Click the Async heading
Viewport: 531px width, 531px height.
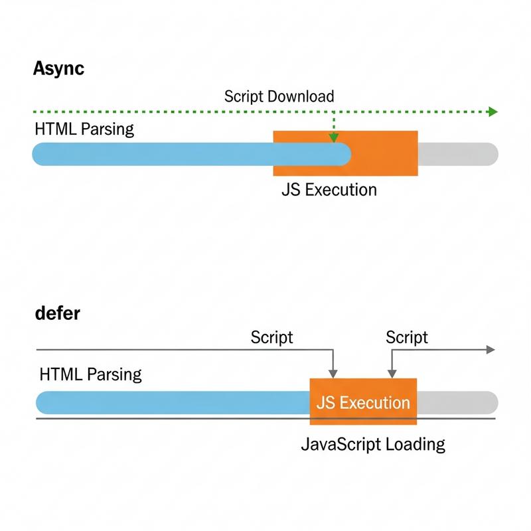click(x=58, y=68)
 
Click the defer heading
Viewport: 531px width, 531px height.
click(x=57, y=313)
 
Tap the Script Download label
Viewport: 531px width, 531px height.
click(x=279, y=96)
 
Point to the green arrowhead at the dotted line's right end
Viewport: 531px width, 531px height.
click(x=493, y=112)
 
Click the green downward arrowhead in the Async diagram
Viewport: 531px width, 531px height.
click(x=334, y=138)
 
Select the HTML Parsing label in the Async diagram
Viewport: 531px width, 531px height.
click(x=84, y=129)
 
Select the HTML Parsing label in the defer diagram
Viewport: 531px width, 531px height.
click(x=91, y=374)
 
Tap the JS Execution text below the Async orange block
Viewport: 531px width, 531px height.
click(x=329, y=190)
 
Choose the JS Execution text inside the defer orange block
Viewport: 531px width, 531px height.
click(x=363, y=403)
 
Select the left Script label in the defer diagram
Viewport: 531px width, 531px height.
click(x=271, y=337)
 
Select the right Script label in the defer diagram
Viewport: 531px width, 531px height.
click(x=407, y=337)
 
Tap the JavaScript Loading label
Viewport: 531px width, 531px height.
click(x=373, y=444)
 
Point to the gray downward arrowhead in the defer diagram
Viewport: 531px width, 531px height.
click(x=333, y=373)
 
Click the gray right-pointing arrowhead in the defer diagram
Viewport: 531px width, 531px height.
click(x=491, y=350)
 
